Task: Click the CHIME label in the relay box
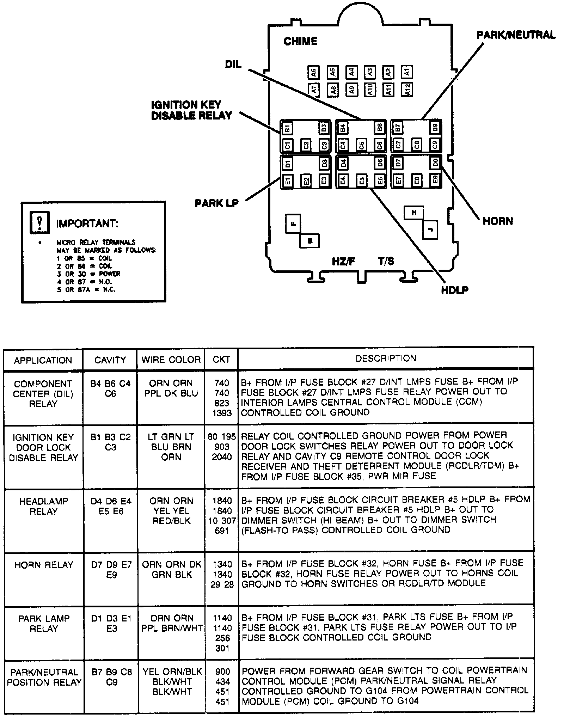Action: [x=300, y=41]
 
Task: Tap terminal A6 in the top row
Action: [x=313, y=73]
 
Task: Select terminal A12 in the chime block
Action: [x=407, y=90]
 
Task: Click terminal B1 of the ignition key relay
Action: [x=287, y=128]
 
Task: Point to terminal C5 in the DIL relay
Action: [x=361, y=145]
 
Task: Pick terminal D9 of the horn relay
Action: [x=435, y=163]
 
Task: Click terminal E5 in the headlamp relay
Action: [x=361, y=181]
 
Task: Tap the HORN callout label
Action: [x=498, y=221]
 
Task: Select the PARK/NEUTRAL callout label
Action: [x=516, y=35]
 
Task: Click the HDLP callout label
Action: [x=455, y=290]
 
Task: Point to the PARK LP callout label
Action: [x=217, y=203]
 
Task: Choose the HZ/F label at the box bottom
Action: [x=343, y=262]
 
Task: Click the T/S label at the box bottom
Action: [x=386, y=261]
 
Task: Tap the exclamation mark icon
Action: [x=41, y=222]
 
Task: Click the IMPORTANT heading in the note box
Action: [x=87, y=223]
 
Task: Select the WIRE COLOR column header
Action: [x=171, y=360]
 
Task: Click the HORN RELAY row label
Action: [x=44, y=565]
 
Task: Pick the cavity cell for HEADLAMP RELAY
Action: [x=111, y=506]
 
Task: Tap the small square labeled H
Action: [x=414, y=213]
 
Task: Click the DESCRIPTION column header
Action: [x=386, y=358]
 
